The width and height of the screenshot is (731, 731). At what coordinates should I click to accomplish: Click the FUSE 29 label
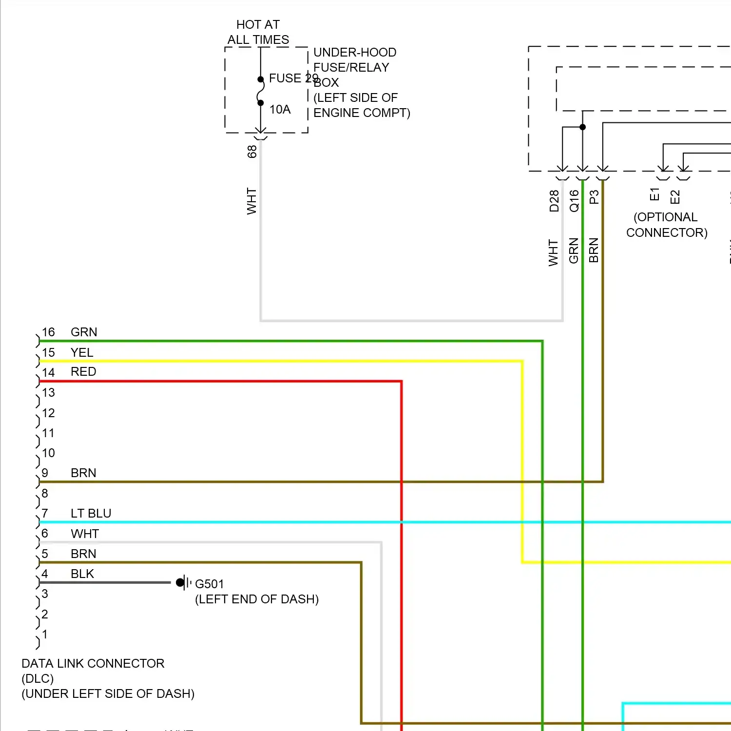293,78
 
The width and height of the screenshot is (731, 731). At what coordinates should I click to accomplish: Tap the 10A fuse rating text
280,110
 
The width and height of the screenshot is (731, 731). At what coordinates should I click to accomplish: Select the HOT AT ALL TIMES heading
258,32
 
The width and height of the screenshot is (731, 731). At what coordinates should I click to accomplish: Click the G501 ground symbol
182,582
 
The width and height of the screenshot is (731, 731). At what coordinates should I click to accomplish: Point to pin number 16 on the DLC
48,332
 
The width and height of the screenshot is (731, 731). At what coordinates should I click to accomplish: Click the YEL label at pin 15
81,352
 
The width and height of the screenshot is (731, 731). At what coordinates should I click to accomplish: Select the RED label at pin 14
83,372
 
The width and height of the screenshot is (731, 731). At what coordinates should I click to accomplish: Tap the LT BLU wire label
91,514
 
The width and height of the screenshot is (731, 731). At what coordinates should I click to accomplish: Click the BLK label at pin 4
82,574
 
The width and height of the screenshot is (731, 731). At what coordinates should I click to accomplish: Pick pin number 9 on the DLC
45,473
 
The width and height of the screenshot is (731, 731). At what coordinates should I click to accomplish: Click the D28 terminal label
554,201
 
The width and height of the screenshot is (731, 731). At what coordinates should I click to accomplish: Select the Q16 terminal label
574,201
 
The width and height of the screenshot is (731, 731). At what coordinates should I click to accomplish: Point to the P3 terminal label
594,197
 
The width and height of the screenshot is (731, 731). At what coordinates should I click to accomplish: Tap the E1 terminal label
654,194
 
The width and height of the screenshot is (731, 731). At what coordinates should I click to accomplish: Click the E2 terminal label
675,197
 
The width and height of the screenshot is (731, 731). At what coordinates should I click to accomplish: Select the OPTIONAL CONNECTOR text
666,225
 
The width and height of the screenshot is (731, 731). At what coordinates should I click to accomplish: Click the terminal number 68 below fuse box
252,152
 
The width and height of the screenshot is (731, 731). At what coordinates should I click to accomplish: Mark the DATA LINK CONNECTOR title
93,663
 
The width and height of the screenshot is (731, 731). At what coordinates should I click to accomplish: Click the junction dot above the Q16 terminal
582,127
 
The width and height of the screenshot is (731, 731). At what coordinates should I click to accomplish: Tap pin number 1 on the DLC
45,635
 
